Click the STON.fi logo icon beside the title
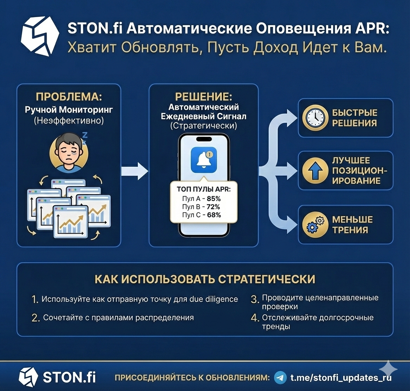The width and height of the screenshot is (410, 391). point(40,36)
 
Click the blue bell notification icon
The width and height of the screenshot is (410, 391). point(204,160)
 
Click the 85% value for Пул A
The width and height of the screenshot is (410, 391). point(214,198)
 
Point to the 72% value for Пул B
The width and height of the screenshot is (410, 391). point(214,206)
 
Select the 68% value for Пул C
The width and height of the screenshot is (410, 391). point(214,215)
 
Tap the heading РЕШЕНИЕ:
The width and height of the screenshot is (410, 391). point(203,97)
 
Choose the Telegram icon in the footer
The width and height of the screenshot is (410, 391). point(280,377)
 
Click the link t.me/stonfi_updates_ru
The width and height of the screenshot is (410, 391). point(341,377)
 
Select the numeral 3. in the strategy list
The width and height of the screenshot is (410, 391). point(254,299)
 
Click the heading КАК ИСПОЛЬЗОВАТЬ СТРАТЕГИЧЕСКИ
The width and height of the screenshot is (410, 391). point(205,279)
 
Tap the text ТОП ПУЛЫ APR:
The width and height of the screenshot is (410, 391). point(204,189)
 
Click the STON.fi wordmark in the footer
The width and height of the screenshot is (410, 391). point(69,377)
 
